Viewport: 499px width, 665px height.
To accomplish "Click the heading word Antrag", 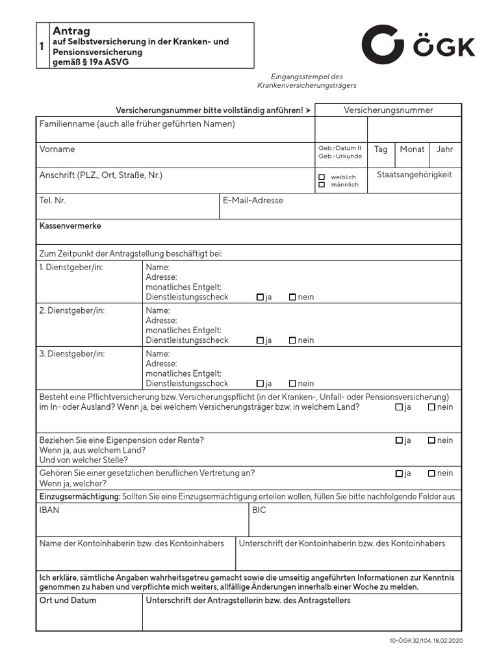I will (71, 31).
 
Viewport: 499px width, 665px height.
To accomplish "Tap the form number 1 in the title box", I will (42, 46).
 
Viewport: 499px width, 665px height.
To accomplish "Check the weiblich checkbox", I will (322, 177).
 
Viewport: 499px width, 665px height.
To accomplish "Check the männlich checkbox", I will (322, 185).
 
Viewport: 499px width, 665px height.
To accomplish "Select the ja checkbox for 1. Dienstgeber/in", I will (260, 297).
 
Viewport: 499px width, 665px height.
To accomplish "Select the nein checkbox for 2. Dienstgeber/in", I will (292, 340).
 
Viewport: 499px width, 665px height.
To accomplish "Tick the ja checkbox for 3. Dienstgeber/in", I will (260, 384).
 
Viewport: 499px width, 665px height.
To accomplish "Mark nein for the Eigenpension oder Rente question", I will (431, 440).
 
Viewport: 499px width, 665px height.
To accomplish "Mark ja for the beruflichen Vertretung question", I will (399, 473).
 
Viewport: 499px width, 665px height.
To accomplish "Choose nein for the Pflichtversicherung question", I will (431, 407).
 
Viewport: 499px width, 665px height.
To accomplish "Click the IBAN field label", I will (49, 510).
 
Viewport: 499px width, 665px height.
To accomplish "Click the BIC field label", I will (259, 510).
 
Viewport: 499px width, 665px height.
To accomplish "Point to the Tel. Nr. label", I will (53, 201).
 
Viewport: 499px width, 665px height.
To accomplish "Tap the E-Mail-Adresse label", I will (253, 201).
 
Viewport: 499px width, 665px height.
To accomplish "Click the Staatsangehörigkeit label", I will (414, 175).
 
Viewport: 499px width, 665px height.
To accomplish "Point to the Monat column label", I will (412, 149).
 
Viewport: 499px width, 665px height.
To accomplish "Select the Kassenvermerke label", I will (70, 226).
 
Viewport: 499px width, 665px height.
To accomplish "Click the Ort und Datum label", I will (68, 601).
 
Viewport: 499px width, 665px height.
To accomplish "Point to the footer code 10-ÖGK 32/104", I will (409, 640).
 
